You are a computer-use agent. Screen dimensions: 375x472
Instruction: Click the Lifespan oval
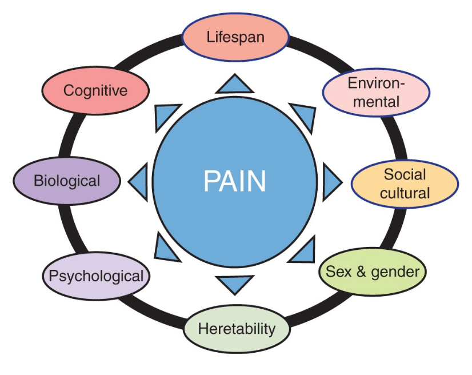235,38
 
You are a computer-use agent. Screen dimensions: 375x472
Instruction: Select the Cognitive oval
95,90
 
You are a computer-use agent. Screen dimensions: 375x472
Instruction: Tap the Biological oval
67,181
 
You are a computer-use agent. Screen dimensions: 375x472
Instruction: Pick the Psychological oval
96,276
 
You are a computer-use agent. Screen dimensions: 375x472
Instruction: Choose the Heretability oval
237,329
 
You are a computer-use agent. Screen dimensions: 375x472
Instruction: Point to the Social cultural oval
405,183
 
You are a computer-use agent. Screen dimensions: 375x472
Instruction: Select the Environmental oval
375,93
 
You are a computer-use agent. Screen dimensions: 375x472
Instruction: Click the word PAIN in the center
235,181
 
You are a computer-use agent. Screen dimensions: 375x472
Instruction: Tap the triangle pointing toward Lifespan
235,86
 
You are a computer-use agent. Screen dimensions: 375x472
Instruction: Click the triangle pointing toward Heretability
235,282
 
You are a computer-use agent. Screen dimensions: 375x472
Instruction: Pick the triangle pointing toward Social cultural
331,182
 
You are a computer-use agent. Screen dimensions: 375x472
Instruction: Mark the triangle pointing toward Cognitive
166,114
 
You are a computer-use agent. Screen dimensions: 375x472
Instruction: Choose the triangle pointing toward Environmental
305,115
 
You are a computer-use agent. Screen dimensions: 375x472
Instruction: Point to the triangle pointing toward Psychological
166,250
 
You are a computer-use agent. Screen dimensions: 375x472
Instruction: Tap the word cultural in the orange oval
405,193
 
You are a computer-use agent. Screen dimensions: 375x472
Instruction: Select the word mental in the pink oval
375,102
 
